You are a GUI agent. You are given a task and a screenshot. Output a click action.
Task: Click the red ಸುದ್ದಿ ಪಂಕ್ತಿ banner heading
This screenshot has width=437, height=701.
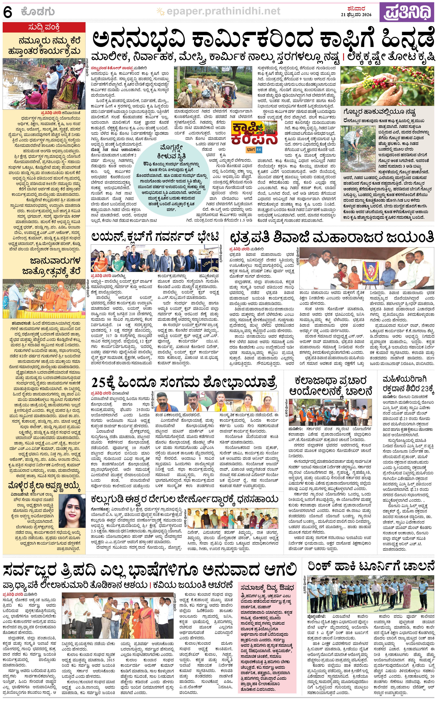coord(44,27)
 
